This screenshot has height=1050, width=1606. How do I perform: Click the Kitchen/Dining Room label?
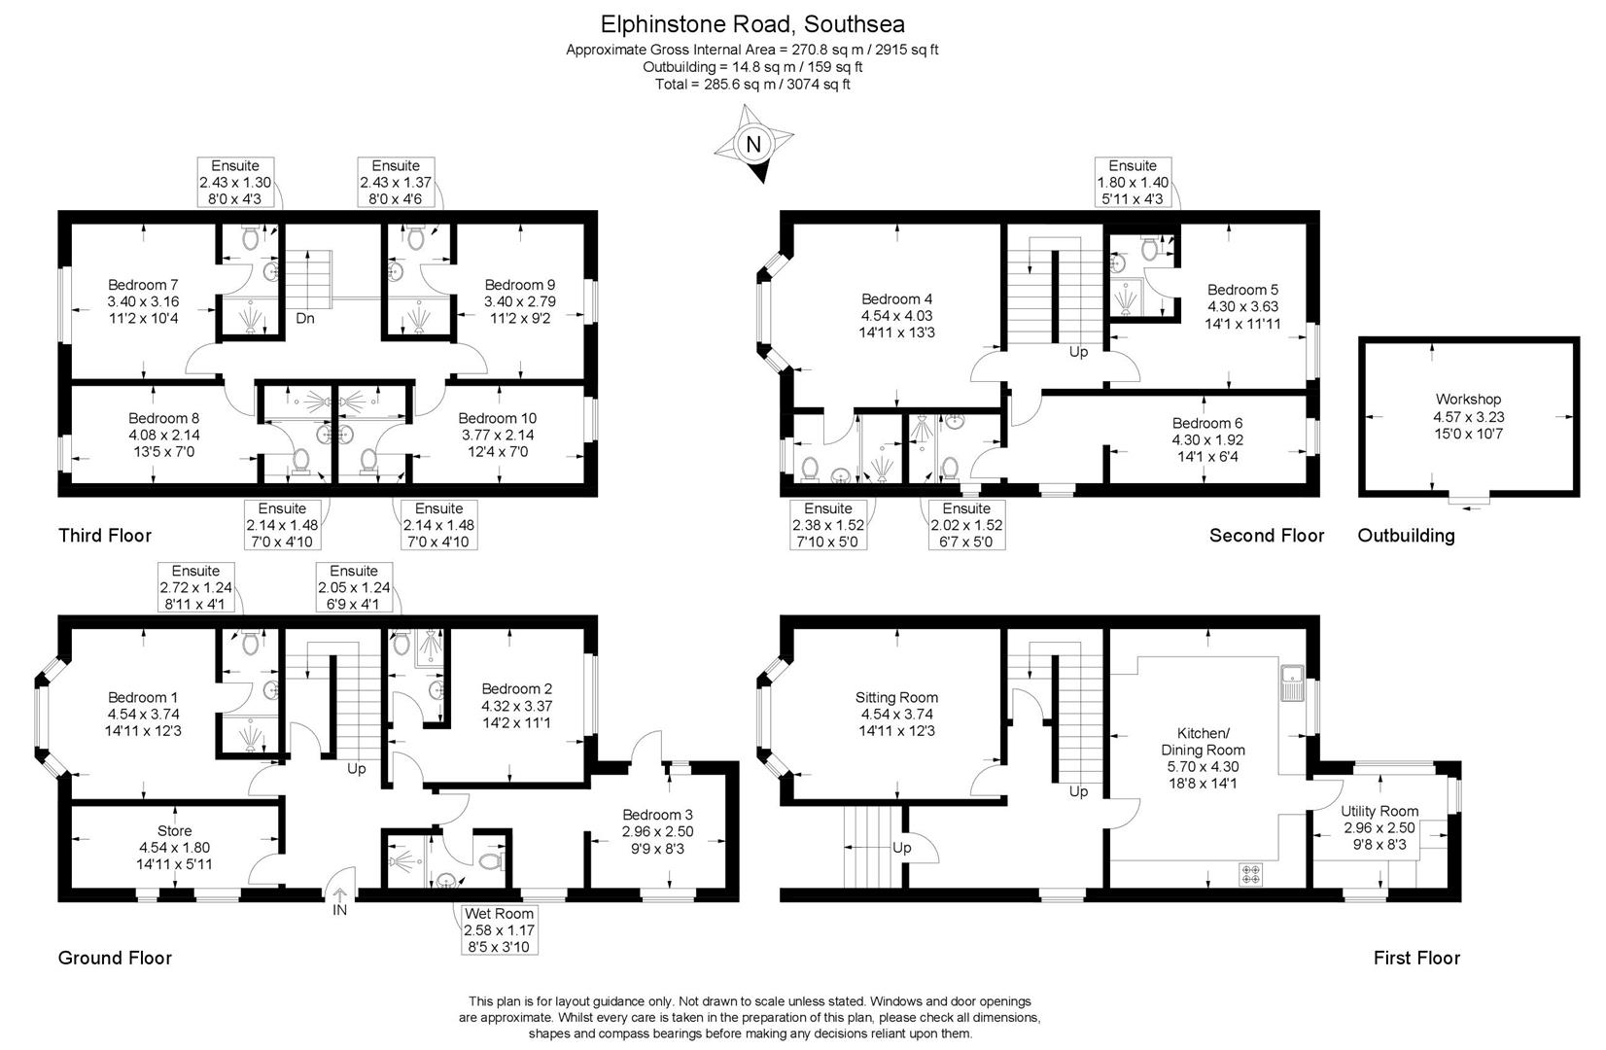click(x=1203, y=750)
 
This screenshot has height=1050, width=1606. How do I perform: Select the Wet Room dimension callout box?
click(x=499, y=929)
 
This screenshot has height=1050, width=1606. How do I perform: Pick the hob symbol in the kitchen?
click(x=1250, y=873)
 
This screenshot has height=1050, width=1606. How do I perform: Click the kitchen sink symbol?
click(x=1292, y=682)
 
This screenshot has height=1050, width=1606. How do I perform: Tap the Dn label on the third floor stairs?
click(x=305, y=318)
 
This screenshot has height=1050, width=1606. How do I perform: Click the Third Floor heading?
click(x=105, y=535)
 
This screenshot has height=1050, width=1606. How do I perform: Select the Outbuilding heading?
click(x=1406, y=536)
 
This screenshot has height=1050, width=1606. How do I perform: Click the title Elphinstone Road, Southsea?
click(x=752, y=23)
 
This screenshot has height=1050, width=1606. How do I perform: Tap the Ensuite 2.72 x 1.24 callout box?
click(x=195, y=586)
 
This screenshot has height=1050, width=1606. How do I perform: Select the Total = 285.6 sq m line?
click(x=752, y=85)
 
